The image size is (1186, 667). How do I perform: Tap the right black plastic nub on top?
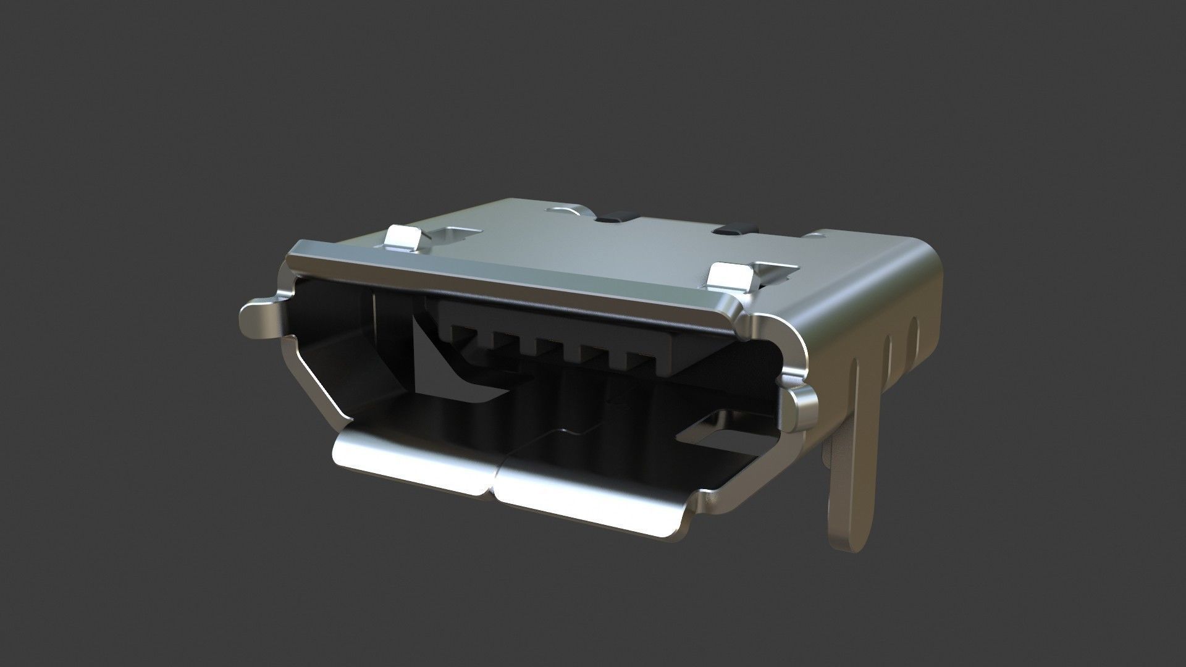733,229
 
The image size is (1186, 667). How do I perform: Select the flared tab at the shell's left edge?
259,318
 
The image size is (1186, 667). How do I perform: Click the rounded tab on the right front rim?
802,408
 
